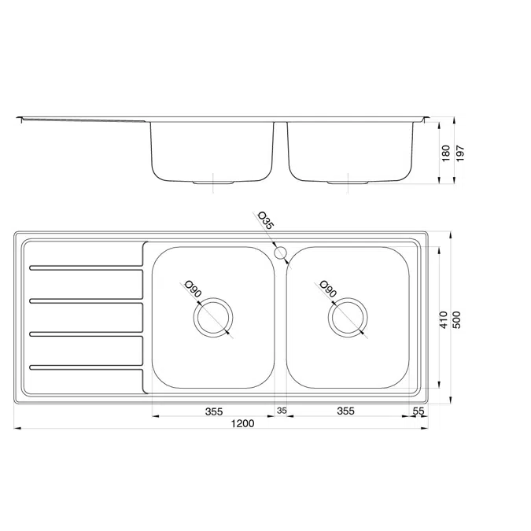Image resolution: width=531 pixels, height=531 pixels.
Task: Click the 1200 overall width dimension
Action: [242, 424]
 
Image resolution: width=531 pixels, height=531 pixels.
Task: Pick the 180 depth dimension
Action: [446, 152]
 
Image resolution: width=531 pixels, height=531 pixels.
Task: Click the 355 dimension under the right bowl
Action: [345, 411]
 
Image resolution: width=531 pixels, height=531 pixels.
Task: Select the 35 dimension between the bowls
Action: [282, 411]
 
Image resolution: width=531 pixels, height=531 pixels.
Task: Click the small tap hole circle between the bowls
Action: [281, 253]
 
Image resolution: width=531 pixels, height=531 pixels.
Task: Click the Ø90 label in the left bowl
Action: [192, 289]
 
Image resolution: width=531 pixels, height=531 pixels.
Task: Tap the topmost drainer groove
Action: [86, 268]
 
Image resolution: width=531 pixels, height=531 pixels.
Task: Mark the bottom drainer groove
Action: [86, 367]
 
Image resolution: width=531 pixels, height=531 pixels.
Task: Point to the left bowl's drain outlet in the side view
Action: [213, 183]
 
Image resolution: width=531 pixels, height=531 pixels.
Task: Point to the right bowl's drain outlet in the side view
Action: [348, 183]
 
